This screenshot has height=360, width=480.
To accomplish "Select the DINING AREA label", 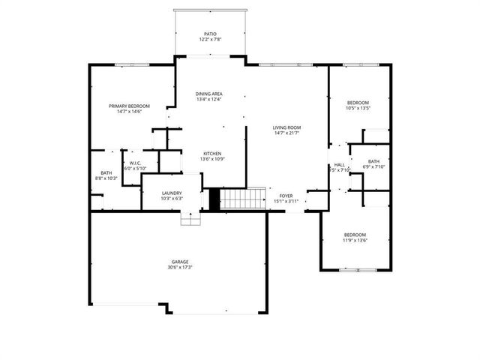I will [209, 94].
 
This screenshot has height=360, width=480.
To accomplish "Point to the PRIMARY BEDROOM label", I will [129, 106].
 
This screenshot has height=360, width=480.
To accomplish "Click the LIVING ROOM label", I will [286, 127].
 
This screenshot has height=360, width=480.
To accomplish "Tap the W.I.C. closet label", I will [135, 163].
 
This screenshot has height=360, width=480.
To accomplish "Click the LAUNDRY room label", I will [171, 193].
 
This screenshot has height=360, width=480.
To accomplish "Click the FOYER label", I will [286, 195].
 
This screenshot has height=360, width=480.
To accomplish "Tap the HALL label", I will [340, 164].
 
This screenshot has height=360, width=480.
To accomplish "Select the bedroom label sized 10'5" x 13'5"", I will [358, 102].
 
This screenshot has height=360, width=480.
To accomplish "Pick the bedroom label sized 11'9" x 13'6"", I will [355, 234].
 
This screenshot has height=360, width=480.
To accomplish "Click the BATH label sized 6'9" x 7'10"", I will [373, 160].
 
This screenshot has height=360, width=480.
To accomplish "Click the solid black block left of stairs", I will [214, 199].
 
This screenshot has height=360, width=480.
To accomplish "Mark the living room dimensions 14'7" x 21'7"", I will [286, 133].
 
